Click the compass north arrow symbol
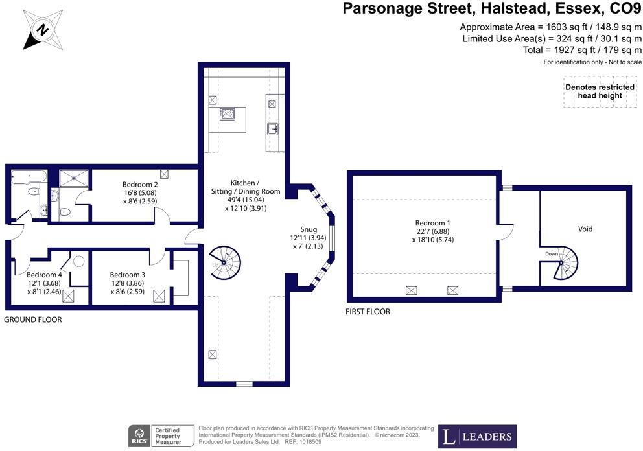point(42,29)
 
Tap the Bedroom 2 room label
point(140,185)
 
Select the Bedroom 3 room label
point(127,274)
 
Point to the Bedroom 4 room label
point(44,274)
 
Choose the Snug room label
point(309,229)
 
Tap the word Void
point(585,229)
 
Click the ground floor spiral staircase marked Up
point(224,262)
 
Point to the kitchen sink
point(272,128)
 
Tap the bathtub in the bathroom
point(27,176)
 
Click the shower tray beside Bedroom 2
point(74,177)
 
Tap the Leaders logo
point(477,436)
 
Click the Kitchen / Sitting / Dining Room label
point(246,191)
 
